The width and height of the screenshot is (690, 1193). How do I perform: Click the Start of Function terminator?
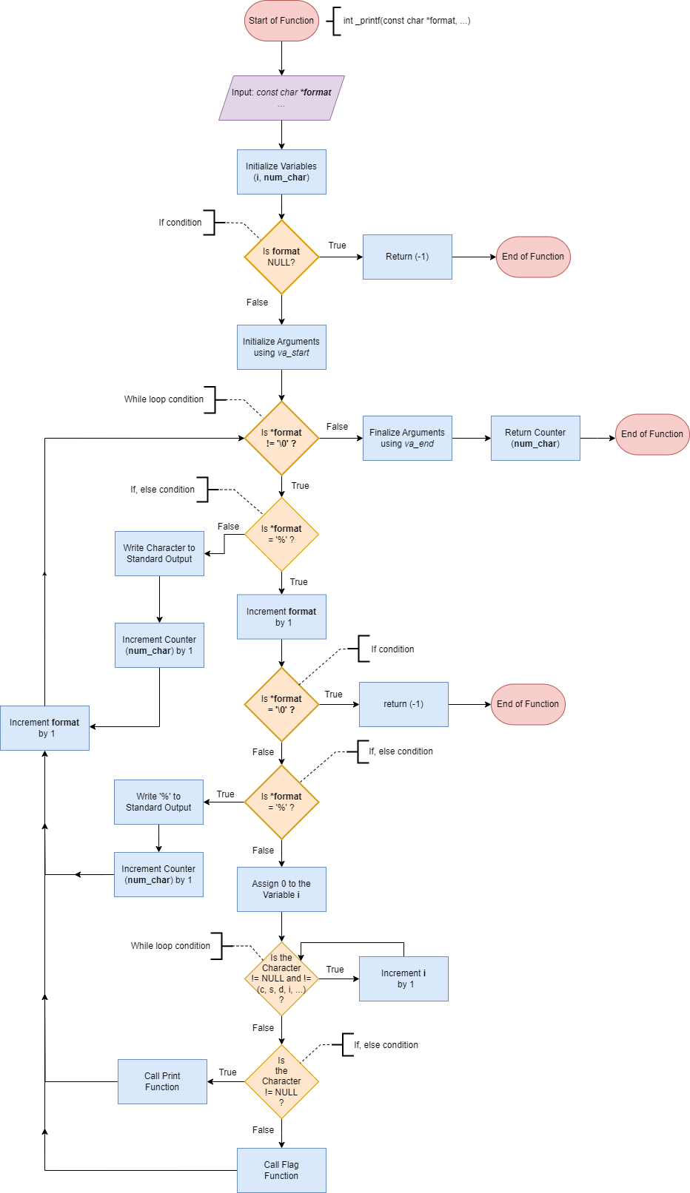pos(281,21)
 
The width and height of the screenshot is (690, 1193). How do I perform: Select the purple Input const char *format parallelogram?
pos(281,98)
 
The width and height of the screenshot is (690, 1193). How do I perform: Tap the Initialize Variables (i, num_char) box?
pos(281,172)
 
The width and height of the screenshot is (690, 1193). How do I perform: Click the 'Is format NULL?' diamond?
pos(281,257)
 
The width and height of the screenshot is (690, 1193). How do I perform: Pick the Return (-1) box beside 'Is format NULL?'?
pos(407,257)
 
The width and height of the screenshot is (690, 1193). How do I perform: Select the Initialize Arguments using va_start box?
pos(281,347)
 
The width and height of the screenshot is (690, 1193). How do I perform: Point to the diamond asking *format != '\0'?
pos(281,438)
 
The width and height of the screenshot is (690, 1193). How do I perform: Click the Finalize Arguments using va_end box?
pos(407,438)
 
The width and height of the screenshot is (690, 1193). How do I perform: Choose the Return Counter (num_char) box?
pos(535,438)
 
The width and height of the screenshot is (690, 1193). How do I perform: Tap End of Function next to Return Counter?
pos(652,434)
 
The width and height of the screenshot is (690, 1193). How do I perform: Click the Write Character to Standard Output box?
pos(159,553)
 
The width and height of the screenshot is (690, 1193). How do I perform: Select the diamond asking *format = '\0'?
pos(281,704)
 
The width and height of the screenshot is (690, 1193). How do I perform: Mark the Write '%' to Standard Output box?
pos(158,802)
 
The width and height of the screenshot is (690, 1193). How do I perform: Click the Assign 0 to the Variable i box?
pos(281,889)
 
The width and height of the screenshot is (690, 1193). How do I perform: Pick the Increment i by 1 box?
pos(403,979)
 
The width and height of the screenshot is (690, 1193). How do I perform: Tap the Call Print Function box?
pos(162,1081)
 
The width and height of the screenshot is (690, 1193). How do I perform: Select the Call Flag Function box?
pos(281,1170)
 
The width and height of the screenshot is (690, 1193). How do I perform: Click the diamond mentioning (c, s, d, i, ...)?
pos(281,979)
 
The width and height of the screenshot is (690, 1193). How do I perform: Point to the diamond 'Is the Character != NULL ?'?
pos(281,1081)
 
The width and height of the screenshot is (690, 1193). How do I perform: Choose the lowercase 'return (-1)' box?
pos(403,704)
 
